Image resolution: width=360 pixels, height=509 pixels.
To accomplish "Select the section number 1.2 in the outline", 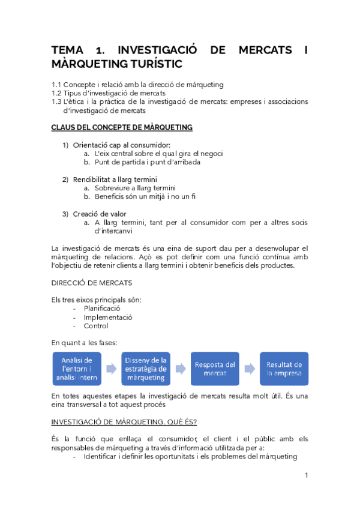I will (56, 94).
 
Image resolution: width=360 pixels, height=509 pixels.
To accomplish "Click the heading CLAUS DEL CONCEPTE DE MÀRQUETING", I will (122, 127).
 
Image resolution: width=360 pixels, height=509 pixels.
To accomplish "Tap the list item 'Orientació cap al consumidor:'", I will (121, 145).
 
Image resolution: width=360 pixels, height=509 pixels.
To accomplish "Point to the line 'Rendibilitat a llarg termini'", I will (115, 179).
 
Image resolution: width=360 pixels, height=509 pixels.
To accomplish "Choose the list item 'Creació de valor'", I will (99, 214).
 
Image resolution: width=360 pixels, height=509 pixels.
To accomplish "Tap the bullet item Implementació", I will (108, 317).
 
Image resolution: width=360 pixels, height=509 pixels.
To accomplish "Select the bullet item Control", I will (96, 326).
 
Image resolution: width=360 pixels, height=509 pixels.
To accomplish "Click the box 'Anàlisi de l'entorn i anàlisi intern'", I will (76, 369).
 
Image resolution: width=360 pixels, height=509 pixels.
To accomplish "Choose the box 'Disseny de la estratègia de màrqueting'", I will (146, 369).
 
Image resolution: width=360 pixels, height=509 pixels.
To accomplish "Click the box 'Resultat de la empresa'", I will (284, 369).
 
